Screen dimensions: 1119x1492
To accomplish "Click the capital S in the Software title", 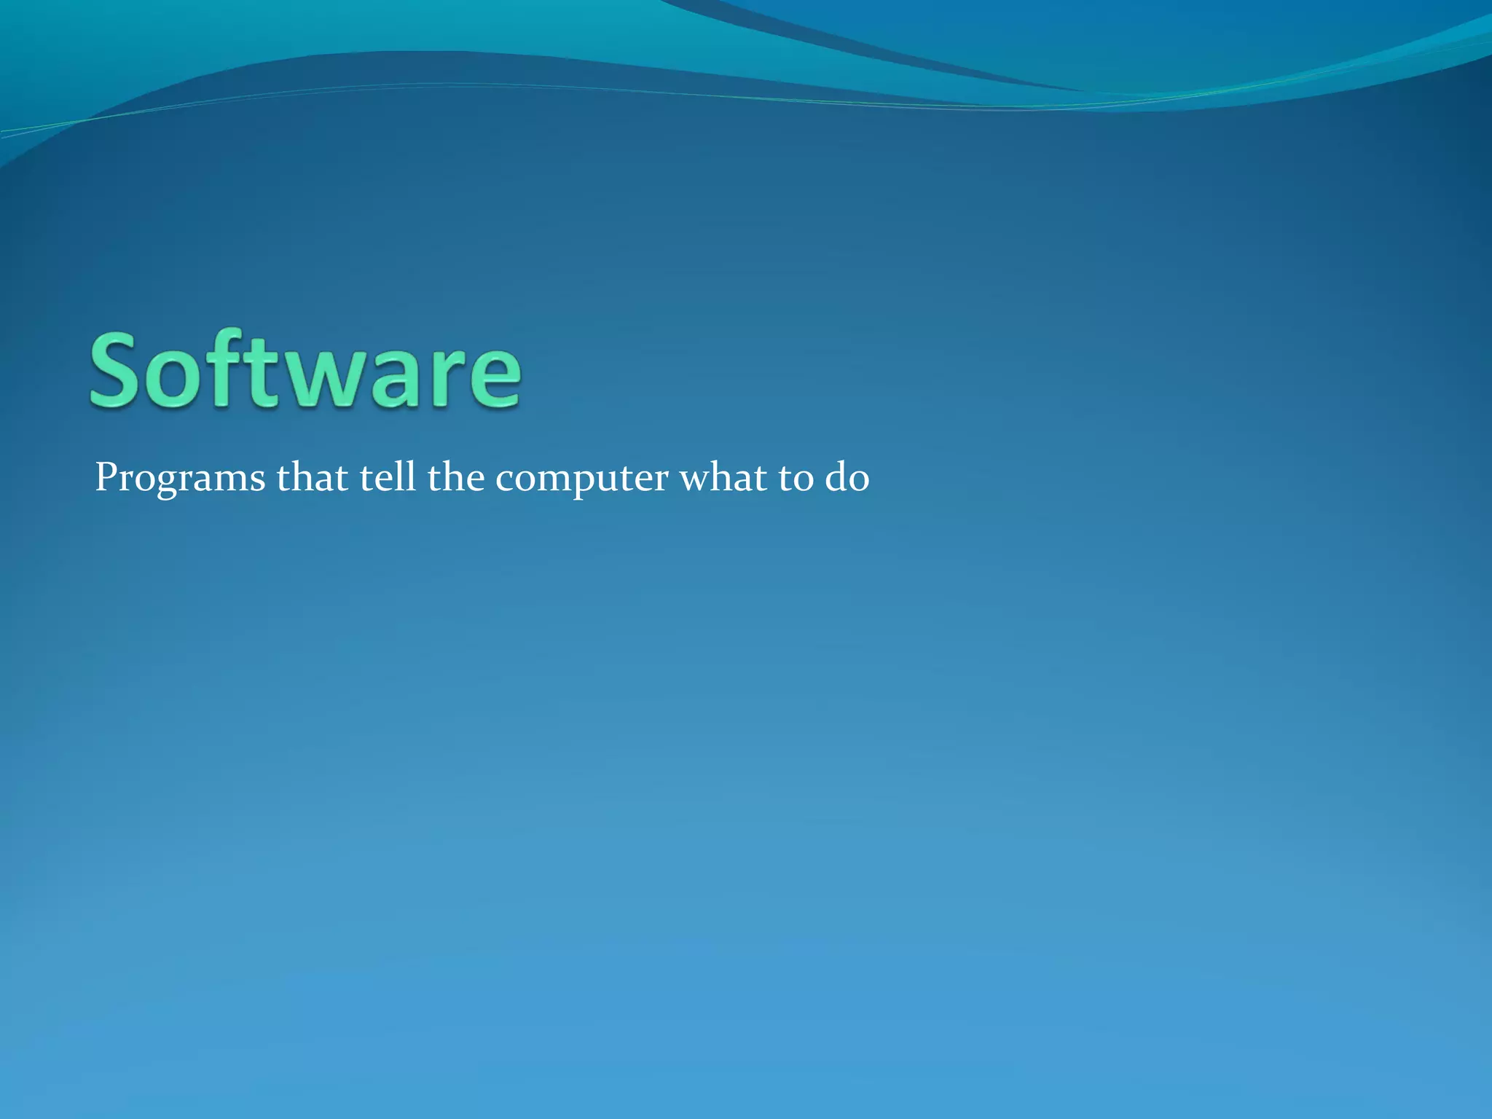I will tap(116, 369).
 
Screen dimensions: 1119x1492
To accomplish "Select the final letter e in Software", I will tap(492, 379).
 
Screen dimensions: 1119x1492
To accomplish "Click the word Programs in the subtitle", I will tap(180, 479).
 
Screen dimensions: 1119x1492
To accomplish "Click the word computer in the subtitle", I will tap(581, 481).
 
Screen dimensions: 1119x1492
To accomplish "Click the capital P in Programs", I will tap(106, 478).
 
